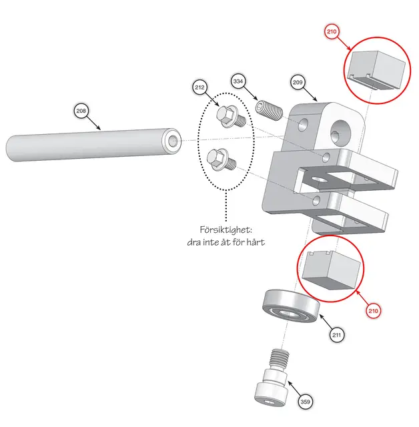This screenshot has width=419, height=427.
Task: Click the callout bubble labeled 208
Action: coord(81,111)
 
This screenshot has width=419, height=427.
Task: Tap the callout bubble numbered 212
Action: coord(199,87)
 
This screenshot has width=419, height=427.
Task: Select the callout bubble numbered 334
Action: coord(238,81)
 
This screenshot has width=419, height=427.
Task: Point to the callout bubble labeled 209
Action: coord(298,82)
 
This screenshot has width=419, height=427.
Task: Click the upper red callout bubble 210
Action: coord(332,31)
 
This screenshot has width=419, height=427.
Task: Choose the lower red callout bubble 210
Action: coord(373,311)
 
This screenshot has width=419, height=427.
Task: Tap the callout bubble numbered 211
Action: coord(337,335)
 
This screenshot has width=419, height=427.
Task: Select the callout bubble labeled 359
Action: coord(306,402)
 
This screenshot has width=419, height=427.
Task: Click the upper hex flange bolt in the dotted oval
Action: coord(231,117)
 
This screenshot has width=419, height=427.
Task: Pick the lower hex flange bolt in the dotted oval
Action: coord(222,160)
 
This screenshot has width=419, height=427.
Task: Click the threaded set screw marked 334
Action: coord(269,111)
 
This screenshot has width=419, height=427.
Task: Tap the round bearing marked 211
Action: coord(291,306)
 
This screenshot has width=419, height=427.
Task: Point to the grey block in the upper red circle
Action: coord(376,70)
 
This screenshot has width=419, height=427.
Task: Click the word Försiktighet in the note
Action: coord(226,230)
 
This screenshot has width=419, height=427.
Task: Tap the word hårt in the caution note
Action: coord(256,242)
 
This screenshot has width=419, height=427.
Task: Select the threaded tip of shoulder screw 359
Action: coord(280,358)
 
